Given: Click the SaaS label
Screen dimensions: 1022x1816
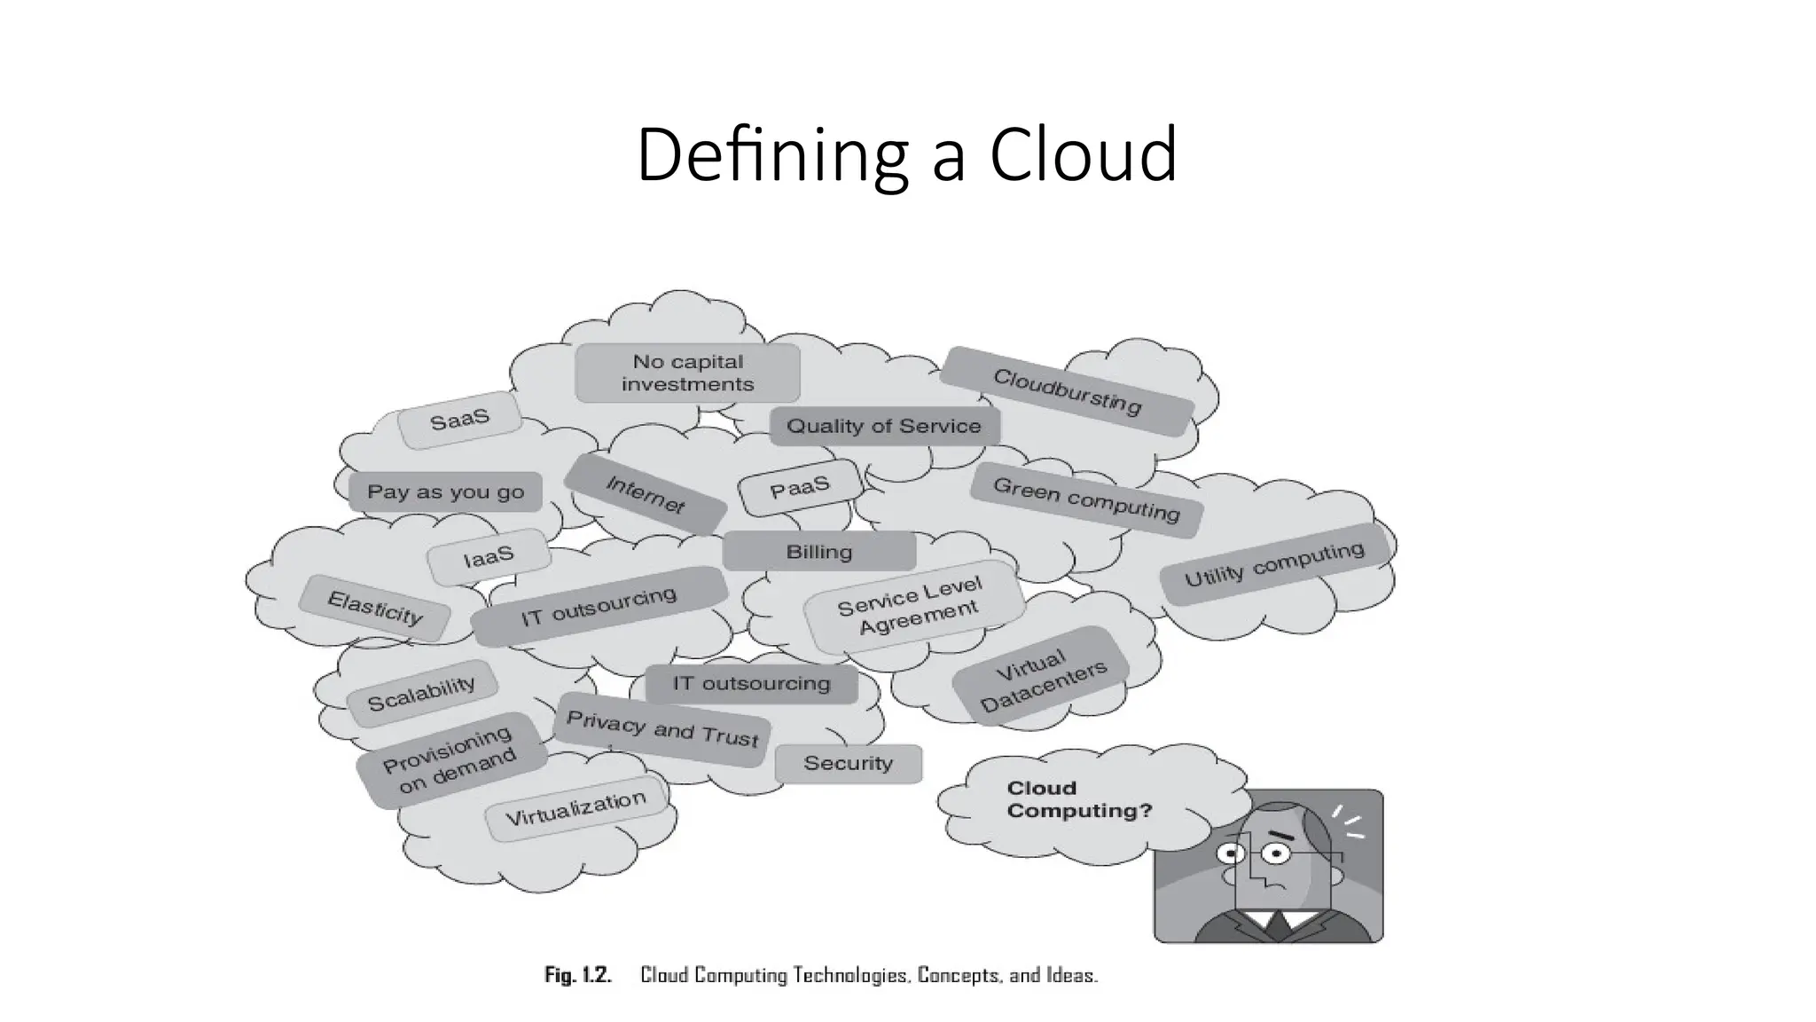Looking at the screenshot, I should (459, 420).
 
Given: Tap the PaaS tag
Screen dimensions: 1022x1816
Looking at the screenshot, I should (800, 487).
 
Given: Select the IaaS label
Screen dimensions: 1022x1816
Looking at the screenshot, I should (489, 557).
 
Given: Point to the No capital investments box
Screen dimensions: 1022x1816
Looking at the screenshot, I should (687, 373).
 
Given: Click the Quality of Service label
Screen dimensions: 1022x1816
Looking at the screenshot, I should (884, 427).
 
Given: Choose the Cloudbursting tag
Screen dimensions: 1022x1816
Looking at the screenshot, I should (1067, 391).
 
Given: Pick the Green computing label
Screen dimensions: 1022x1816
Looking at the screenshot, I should (1086, 499).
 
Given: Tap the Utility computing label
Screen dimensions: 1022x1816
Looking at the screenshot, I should (1274, 565).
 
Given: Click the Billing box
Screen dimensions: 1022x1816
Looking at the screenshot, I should (819, 552).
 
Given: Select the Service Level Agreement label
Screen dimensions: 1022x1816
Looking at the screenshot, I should (911, 606).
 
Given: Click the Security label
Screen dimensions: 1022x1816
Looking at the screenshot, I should (848, 764).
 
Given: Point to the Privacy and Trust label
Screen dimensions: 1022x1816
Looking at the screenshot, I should (662, 729).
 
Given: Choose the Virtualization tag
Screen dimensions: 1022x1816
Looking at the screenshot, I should (575, 808).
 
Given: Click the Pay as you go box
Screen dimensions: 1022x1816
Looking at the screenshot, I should (445, 492).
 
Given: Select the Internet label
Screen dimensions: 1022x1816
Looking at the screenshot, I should (645, 494).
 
